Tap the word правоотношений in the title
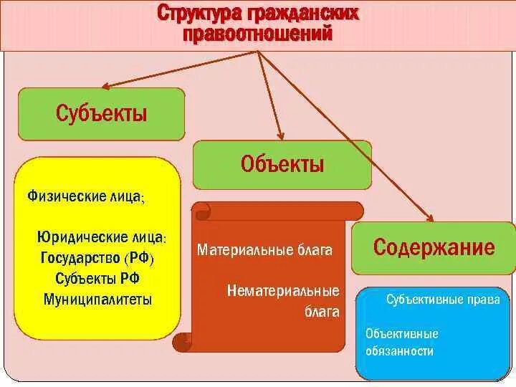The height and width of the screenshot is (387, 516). coord(258,34)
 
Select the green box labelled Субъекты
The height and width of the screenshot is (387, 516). coord(101,113)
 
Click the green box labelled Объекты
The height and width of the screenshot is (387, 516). coord(282,164)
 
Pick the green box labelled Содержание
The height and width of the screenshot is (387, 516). coord(434,248)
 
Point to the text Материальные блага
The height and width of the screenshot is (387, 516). coord(264,251)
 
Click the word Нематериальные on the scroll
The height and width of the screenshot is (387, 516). coord(283,291)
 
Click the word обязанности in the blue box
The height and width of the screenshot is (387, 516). coord(399,351)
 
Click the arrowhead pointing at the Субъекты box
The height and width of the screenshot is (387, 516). coord(106,87)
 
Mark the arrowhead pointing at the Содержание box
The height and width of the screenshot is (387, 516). coord(431,219)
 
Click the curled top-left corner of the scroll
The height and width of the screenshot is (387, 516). coord(201,210)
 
